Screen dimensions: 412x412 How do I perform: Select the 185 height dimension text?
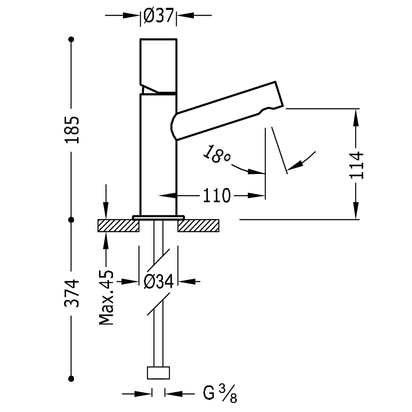click(x=72, y=130)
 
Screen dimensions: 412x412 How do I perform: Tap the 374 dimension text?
click(x=72, y=293)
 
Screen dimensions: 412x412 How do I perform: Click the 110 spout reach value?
click(x=216, y=196)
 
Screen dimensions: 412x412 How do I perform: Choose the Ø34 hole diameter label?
click(x=159, y=281)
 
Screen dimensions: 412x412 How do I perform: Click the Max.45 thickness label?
click(x=106, y=297)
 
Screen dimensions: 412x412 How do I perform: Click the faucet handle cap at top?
click(x=158, y=65)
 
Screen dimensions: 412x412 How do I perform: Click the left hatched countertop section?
click(x=118, y=226)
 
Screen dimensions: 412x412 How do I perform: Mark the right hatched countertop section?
click(x=198, y=226)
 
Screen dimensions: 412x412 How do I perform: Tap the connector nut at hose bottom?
click(x=158, y=373)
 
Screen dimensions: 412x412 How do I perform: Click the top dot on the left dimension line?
click(x=72, y=39)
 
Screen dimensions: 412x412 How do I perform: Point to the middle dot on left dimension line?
click(x=72, y=219)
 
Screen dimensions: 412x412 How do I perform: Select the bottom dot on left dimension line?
click(x=72, y=378)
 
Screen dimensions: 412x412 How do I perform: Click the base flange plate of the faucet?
click(x=158, y=217)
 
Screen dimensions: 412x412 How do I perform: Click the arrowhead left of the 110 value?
click(x=168, y=196)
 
